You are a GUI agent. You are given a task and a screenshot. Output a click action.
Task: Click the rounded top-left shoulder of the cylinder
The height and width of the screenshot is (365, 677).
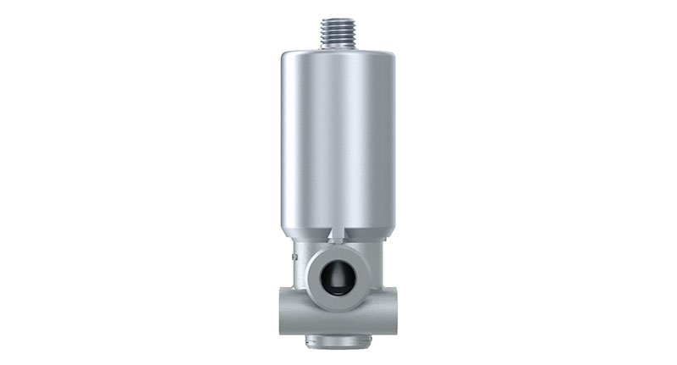pos(283,58)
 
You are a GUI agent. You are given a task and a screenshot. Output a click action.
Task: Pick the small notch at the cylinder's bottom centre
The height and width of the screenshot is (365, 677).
pos(338,230)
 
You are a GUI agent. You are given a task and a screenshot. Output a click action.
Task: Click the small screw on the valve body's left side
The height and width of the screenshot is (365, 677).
pos(292,252)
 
